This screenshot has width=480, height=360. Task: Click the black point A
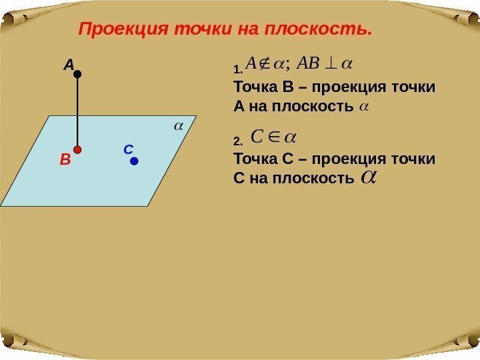coord(77,75)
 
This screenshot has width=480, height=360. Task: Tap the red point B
coord(77,150)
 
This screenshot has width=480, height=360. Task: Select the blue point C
coord(134,161)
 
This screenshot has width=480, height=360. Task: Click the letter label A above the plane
coord(69,65)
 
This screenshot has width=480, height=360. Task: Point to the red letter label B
coord(65,160)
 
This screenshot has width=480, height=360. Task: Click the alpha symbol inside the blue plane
coord(178,125)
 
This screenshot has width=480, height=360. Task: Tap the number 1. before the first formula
coord(237,68)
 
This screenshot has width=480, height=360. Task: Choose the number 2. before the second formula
coord(237,141)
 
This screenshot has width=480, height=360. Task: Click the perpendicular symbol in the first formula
coord(331,64)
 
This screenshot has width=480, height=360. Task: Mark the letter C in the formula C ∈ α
coord(255,137)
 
